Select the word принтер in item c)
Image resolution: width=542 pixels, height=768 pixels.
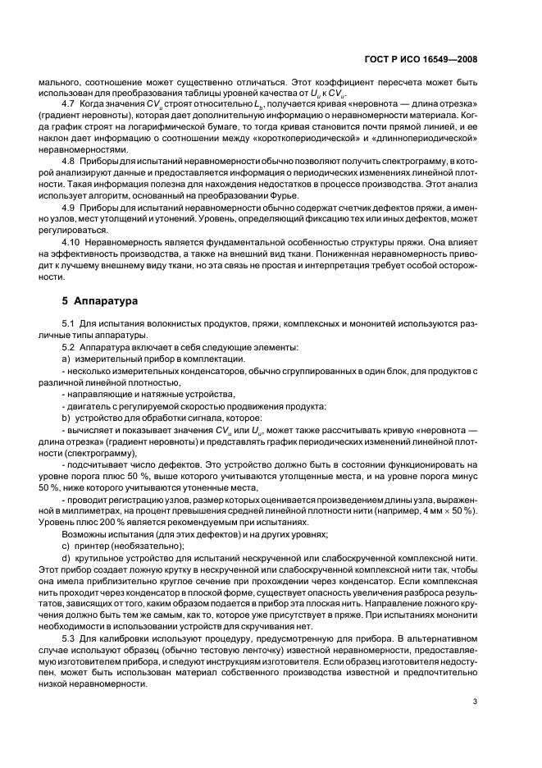point(89,546)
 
